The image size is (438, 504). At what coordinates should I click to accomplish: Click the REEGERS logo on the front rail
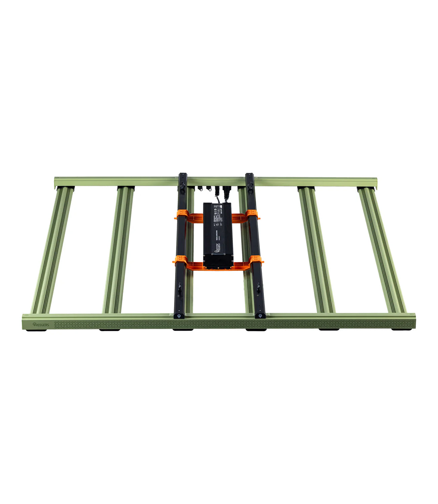[x=41, y=324]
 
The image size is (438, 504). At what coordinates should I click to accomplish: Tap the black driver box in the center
[x=218, y=236]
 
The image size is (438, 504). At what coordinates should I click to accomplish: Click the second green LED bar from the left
[x=118, y=249]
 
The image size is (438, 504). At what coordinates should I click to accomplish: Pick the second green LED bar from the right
[x=316, y=249]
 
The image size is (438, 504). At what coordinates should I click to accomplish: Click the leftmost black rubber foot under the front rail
[x=37, y=330]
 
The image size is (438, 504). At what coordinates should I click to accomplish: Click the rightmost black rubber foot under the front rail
[x=401, y=329]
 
